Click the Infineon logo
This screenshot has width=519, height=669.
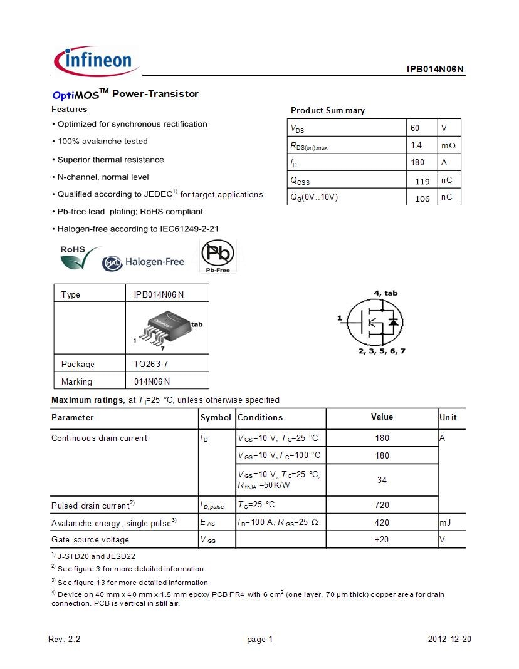point(96,61)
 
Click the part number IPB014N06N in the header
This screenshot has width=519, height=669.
point(435,70)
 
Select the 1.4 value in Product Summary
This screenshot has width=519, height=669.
point(416,145)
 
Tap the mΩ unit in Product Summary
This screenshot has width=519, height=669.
point(448,145)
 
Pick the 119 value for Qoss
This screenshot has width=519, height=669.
point(422,182)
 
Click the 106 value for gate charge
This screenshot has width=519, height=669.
point(422,199)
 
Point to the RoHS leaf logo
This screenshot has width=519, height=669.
point(79,257)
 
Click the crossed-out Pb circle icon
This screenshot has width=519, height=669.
point(218,255)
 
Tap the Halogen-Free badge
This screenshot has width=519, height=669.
point(144,262)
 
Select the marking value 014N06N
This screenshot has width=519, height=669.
point(152,381)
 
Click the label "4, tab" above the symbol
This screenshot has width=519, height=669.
point(385,293)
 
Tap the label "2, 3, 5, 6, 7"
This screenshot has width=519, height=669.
point(382,351)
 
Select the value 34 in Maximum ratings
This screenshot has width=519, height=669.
point(382,480)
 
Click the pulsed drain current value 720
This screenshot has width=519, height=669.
point(382,505)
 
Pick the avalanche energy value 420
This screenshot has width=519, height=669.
point(382,522)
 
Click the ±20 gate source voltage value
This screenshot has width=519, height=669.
point(382,539)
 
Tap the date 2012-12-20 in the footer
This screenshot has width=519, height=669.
point(449,640)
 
